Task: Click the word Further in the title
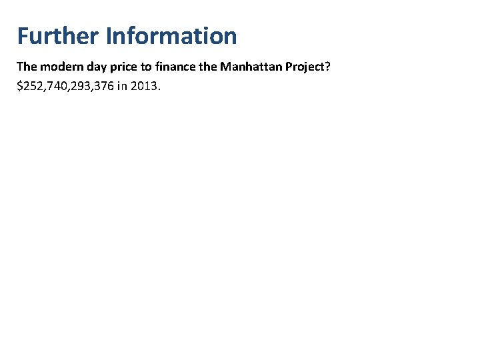[x=58, y=35]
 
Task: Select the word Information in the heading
[x=171, y=35]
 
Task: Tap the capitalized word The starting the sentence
[x=27, y=67]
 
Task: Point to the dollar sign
[x=20, y=86]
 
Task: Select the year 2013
[x=150, y=86]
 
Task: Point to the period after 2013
[x=161, y=89]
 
